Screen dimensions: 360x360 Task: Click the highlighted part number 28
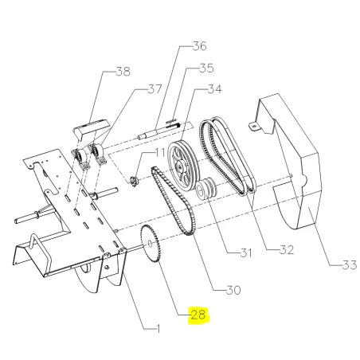(x=198, y=315)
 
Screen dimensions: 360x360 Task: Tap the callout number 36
(x=199, y=46)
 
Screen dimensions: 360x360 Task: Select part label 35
(x=206, y=68)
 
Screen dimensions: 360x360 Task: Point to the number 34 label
(x=214, y=89)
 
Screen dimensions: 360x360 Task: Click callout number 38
(x=123, y=72)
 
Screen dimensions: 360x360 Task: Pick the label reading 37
(x=155, y=89)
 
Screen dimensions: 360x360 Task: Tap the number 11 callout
(x=160, y=153)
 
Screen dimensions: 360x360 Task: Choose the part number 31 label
(x=246, y=252)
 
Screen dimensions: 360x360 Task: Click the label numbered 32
(x=287, y=250)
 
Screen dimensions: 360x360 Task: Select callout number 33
(x=350, y=264)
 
